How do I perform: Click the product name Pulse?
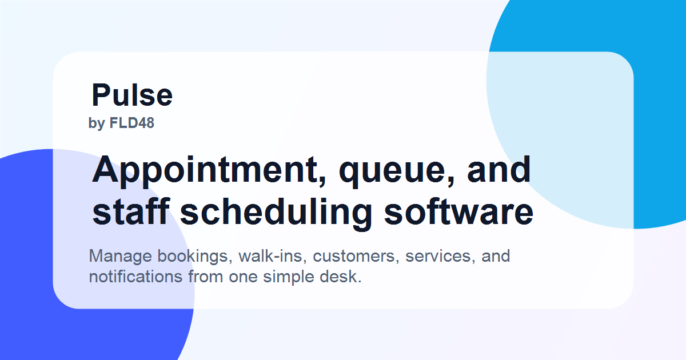coord(132,95)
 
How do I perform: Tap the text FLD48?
coord(131,123)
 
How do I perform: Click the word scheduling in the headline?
coord(276,213)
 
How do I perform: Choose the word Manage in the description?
coord(121,256)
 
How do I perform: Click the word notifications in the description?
coord(135,277)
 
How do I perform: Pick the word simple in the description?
coord(289,277)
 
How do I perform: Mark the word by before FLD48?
coord(97,123)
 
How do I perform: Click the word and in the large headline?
coord(499,170)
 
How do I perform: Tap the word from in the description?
coord(205,277)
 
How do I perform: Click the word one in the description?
coord(243,278)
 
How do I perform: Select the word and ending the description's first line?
coord(496,256)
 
